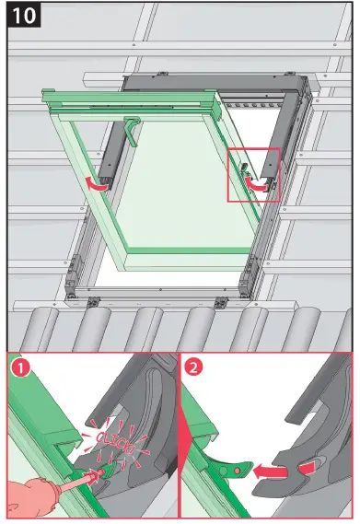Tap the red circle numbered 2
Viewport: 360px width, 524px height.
(x=196, y=371)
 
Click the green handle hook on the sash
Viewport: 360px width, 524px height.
(x=132, y=130)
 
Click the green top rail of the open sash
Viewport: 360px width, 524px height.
(x=129, y=98)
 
